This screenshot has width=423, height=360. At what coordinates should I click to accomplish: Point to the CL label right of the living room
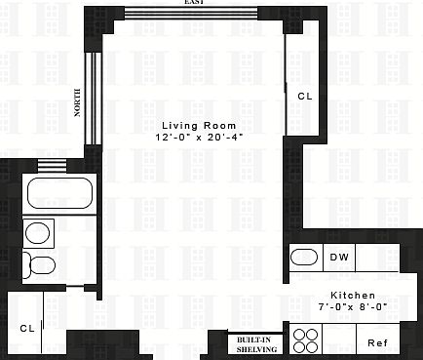pos(304,97)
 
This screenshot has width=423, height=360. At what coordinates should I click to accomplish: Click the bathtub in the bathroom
pos(58,193)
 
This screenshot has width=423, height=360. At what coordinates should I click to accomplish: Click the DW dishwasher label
pos(339,258)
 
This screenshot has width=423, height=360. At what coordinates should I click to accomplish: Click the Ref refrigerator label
pos(376,342)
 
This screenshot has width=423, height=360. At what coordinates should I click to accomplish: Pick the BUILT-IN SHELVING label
pos(256,343)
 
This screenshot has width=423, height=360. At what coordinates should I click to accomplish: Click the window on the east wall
pos(191,13)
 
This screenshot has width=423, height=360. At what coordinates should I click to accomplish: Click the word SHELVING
pos(256,348)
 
